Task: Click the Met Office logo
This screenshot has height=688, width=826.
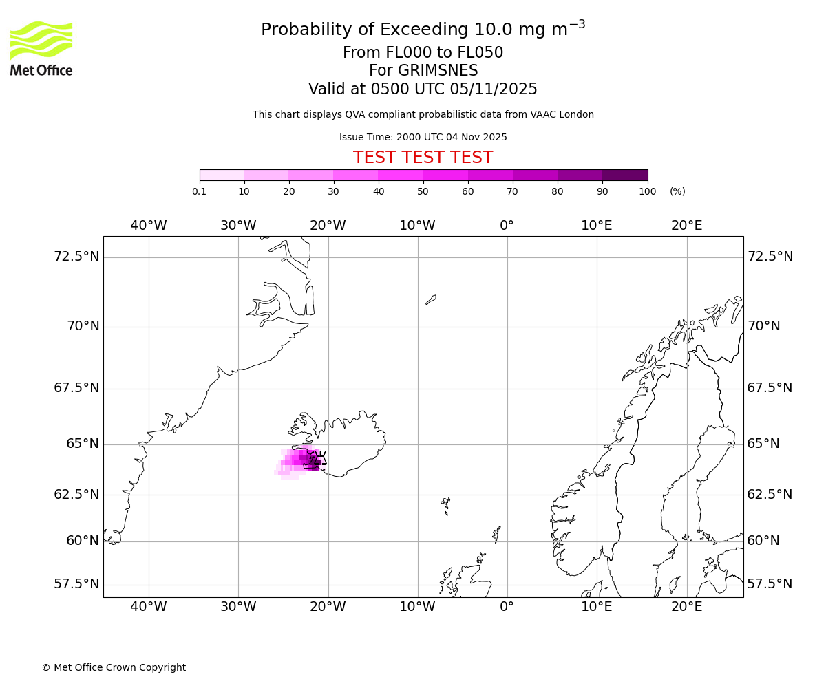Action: tap(41, 48)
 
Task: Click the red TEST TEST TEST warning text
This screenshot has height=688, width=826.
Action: tap(423, 158)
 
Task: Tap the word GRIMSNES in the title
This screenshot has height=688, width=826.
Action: tap(423, 71)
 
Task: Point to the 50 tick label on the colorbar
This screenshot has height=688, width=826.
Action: tap(423, 191)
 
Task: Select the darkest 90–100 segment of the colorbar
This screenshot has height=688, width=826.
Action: tap(625, 175)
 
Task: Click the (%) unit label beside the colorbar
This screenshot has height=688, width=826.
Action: tap(677, 191)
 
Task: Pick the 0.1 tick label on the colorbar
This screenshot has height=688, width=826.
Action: tap(200, 191)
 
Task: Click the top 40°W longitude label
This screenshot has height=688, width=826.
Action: tap(149, 226)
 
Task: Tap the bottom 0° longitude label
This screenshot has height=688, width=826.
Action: tap(507, 606)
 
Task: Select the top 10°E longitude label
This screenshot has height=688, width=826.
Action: tap(597, 226)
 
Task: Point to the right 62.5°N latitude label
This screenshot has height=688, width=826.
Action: tap(770, 494)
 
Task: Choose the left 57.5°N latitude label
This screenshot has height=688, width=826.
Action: tap(76, 584)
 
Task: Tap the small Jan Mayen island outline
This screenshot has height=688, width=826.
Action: tap(431, 299)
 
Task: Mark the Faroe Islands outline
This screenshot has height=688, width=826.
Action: tap(445, 506)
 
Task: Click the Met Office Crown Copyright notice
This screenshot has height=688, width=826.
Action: tap(114, 667)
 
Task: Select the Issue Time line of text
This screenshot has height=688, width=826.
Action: tap(423, 137)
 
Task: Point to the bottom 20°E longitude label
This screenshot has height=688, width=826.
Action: tap(687, 606)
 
